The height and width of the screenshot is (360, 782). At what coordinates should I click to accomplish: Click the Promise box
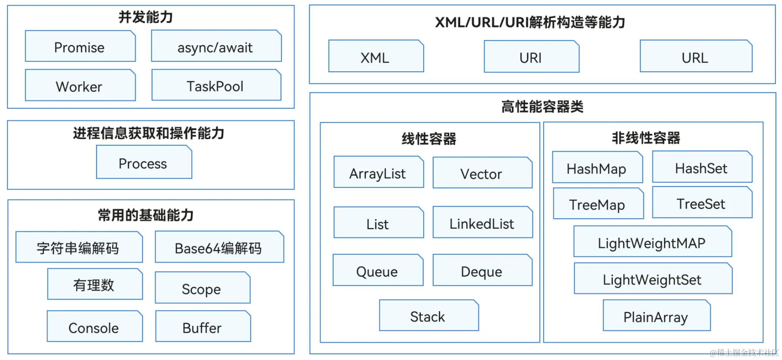coord(80,47)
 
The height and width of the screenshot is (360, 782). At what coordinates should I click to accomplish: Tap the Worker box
coord(80,86)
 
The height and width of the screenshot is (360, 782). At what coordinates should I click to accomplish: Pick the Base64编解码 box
coord(219,247)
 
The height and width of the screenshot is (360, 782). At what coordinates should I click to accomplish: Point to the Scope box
coord(202,288)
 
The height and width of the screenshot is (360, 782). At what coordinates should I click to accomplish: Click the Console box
coord(94,327)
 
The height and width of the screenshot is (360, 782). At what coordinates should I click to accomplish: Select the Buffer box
coord(203,327)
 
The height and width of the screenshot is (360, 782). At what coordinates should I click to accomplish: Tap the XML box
coord(376,57)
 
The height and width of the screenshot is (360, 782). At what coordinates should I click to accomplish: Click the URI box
coord(531,57)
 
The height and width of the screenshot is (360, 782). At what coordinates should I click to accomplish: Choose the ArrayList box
coord(378,173)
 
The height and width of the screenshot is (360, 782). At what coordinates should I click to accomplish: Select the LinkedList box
coord(482,223)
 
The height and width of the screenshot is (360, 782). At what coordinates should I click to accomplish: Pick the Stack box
coord(428,316)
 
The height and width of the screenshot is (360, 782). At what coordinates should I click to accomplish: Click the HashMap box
coord(597,168)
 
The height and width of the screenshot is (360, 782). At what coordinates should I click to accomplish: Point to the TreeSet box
coord(702,203)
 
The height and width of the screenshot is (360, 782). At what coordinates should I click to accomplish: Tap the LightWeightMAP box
coord(652,242)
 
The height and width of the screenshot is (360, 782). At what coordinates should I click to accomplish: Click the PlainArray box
coord(656,316)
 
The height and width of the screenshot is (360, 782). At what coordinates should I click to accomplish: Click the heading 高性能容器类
coord(542,107)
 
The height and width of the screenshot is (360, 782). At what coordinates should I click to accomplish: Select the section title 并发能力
coord(146,17)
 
